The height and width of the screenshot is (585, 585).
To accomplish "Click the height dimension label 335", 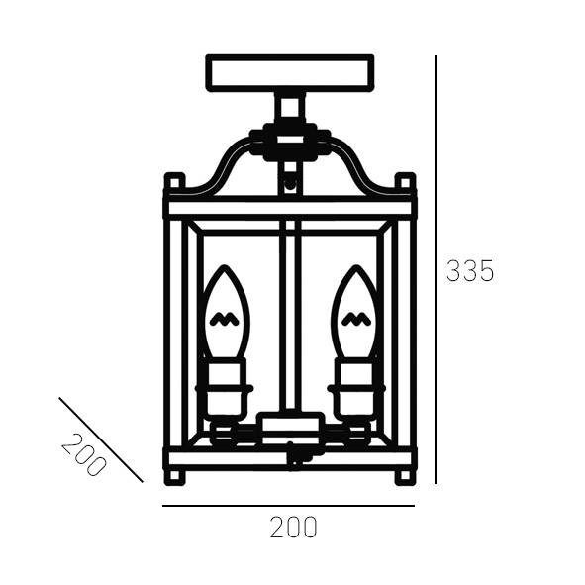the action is tap(470, 271).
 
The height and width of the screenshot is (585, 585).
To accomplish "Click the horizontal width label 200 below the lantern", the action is tap(293, 528).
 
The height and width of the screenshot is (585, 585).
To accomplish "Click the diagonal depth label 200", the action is tap(83, 454).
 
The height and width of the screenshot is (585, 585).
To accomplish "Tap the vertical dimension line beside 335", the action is tap(436, 270).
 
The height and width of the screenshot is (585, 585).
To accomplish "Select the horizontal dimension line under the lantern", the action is tap(288, 506).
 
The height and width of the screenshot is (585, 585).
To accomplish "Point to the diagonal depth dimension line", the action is tap(101, 439).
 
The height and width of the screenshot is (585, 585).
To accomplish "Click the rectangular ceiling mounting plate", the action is tap(290, 73).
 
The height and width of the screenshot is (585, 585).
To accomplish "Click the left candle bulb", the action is tap(225, 313).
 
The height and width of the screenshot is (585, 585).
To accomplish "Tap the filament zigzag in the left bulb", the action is tap(225, 319).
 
